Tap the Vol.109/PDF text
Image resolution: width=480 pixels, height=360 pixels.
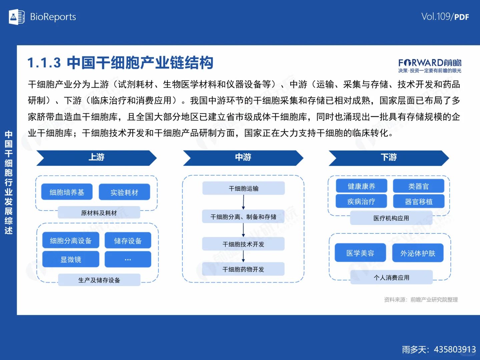(x=445, y=17)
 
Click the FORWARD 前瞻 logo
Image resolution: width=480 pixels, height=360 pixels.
(x=430, y=65)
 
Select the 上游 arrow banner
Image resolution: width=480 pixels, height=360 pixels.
(x=96, y=158)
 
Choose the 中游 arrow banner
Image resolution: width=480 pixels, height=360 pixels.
(x=243, y=158)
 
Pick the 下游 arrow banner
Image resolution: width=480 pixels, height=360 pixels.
(x=389, y=158)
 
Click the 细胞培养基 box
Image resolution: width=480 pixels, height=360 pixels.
(x=67, y=192)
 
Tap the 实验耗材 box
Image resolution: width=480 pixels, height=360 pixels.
(x=124, y=192)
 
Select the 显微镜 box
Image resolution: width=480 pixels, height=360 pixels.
(x=71, y=259)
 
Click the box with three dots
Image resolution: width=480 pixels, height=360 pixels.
(x=128, y=259)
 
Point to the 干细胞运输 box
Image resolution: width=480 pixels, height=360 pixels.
(x=244, y=188)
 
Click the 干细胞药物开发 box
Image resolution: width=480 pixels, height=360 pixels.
(x=243, y=269)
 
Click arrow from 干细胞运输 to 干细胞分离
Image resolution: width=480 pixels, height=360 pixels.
(x=244, y=202)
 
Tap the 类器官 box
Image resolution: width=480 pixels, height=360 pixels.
(x=419, y=186)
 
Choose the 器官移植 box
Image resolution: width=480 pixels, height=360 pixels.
(x=419, y=201)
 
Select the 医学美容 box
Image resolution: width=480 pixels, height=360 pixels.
(x=360, y=253)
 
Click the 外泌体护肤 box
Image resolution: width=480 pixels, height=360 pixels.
(x=418, y=253)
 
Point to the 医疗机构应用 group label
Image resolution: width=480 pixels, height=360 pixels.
(x=391, y=218)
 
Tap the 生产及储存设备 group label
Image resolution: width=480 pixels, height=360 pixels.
(x=99, y=280)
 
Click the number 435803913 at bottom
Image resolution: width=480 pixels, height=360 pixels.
(x=455, y=349)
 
